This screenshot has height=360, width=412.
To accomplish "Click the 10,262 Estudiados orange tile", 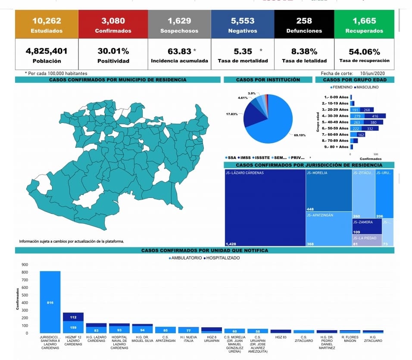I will tap(47, 25).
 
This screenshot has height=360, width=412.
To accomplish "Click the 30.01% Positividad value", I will tap(113, 51).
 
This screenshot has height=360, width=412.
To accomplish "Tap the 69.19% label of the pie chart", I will tap(300, 135).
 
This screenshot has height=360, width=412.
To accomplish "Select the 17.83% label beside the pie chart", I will tap(232, 114).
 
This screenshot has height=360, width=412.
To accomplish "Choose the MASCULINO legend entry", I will tap(368, 87).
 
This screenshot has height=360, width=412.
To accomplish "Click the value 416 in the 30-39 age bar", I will tap(375, 116).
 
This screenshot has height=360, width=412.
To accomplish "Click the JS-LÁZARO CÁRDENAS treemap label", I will tap(244, 173).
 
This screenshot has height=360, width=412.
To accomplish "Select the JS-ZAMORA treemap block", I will tap(367, 225).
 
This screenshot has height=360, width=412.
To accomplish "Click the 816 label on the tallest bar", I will tap(50, 303).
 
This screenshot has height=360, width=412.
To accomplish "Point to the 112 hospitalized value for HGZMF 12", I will tap(73, 317).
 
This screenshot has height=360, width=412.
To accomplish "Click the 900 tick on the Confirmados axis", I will tap(25, 265).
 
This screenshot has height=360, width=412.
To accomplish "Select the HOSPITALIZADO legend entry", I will tap(223, 258).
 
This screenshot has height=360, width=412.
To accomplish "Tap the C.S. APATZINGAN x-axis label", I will tap(166, 339).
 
